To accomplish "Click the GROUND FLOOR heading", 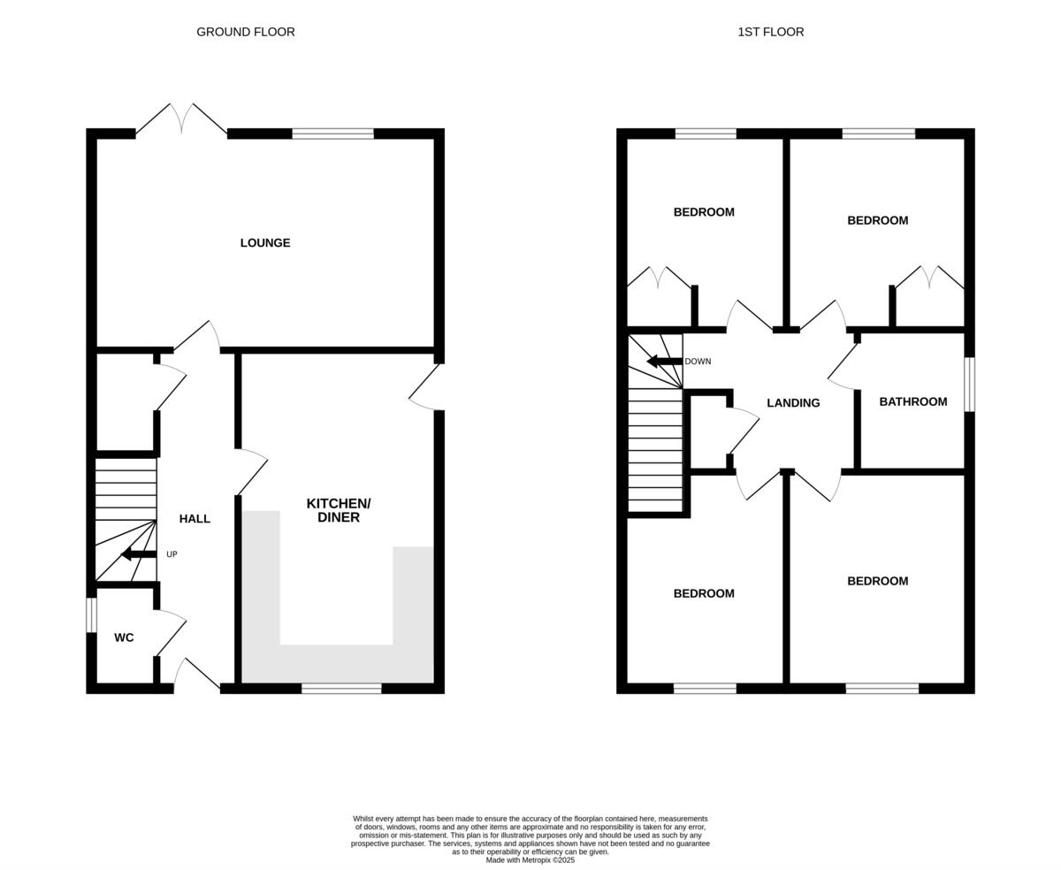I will coord(246,32).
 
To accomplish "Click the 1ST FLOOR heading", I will coord(770,32).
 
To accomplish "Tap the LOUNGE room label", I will coord(265,243).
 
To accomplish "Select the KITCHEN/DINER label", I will coord(339,510).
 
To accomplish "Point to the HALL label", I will coord(195,519).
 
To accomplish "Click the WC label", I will coord(124,637).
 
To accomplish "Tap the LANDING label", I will coord(793,403).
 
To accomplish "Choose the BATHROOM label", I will coord(912,402).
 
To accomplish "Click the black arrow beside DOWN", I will coord(664,362).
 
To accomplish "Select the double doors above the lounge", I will coord(181,119).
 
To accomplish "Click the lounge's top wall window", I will coord(332,134).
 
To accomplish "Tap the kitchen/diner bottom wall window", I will coord(341,688).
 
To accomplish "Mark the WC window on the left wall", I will coord(91,615).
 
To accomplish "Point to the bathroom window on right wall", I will coord(969,384).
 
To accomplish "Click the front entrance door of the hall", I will coord(196,674).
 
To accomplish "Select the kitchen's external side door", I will coord(424,389).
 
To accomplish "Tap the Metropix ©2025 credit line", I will coord(530,860).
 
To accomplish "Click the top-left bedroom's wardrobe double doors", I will coord(659,277).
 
